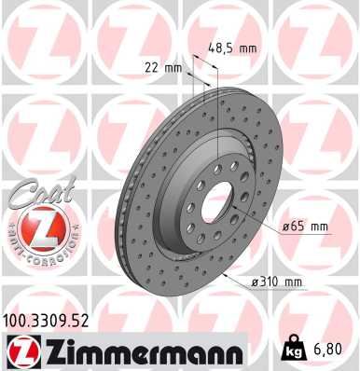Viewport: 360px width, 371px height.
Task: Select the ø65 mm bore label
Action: (305, 227)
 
